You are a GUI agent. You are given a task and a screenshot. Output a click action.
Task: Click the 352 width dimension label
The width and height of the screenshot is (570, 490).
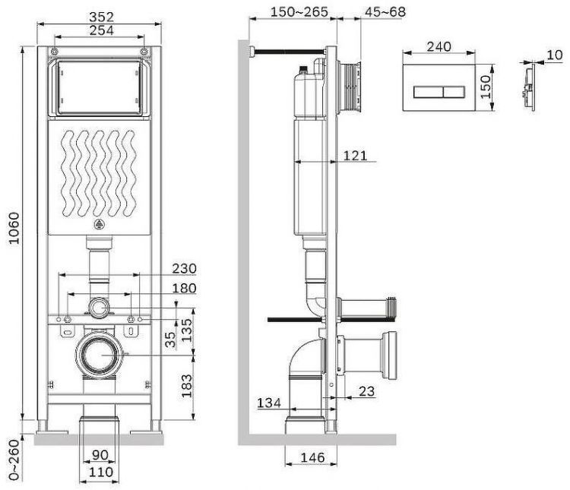point(101,17)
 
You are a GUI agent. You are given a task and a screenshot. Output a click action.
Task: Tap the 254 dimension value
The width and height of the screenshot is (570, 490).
point(101,30)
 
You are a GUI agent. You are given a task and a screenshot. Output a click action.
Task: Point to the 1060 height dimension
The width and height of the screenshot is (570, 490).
point(14,228)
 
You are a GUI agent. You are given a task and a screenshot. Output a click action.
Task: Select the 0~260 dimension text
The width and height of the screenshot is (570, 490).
point(14,460)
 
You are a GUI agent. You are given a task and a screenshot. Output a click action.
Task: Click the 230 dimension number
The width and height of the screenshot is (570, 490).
point(185,269)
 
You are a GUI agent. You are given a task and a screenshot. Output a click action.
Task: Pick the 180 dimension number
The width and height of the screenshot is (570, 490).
point(185,288)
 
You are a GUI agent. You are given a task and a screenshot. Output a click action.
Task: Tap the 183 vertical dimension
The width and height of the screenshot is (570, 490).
point(186,386)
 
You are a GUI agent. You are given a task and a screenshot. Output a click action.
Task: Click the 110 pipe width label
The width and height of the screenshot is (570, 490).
point(101,473)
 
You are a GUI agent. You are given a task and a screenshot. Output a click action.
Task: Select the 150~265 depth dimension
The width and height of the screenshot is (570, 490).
point(299,11)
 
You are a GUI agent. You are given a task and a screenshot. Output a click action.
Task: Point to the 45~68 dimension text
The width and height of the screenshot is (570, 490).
point(385,11)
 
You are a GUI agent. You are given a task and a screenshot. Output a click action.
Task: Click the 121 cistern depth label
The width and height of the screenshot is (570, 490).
point(355,156)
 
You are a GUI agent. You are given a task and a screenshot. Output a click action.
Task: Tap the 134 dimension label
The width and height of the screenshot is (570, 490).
point(269,403)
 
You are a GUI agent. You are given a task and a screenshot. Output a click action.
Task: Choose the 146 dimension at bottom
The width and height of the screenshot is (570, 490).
point(312,457)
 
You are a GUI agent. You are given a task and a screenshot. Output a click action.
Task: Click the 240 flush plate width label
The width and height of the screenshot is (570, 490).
point(439,46)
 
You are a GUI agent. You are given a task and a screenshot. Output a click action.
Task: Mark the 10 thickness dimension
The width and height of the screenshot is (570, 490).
point(555,55)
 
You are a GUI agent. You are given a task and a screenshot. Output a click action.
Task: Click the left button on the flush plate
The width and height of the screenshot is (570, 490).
point(428,93)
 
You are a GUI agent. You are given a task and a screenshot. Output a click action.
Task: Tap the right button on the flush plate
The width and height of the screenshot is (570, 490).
point(454,93)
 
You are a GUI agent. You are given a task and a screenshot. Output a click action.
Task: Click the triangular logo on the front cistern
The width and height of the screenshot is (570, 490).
point(99,225)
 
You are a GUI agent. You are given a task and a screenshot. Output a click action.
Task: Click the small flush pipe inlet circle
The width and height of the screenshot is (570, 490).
point(99,307)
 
